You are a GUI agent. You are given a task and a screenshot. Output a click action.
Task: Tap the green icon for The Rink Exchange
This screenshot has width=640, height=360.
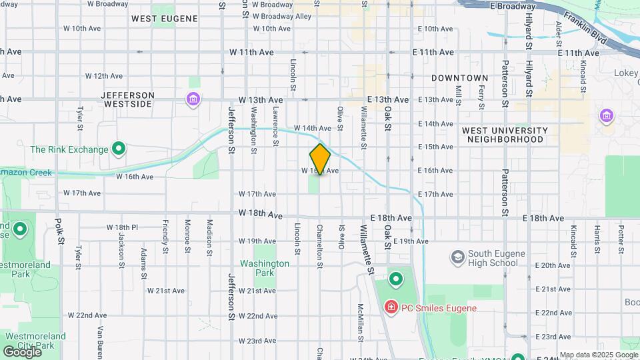[x=119, y=149]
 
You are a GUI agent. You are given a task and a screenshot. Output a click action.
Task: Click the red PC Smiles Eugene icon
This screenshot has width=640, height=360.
[x=391, y=307]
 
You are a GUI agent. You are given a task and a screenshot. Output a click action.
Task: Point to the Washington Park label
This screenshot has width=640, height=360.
[x=265, y=268]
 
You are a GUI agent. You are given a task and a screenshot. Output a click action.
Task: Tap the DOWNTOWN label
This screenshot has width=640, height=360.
[x=459, y=78]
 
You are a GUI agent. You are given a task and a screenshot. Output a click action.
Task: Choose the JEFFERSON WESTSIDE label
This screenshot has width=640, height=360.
[x=127, y=99]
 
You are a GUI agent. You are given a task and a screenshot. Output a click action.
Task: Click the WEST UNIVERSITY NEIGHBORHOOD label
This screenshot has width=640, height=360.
[x=505, y=135]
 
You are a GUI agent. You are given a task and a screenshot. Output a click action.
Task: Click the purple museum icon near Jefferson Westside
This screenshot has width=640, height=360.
[x=193, y=100]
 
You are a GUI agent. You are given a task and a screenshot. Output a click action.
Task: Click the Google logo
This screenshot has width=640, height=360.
[x=22, y=351]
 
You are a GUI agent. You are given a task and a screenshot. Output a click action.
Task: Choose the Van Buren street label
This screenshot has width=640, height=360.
[x=102, y=340]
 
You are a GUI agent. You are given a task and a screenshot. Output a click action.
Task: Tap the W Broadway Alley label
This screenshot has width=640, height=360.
[x=282, y=16]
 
